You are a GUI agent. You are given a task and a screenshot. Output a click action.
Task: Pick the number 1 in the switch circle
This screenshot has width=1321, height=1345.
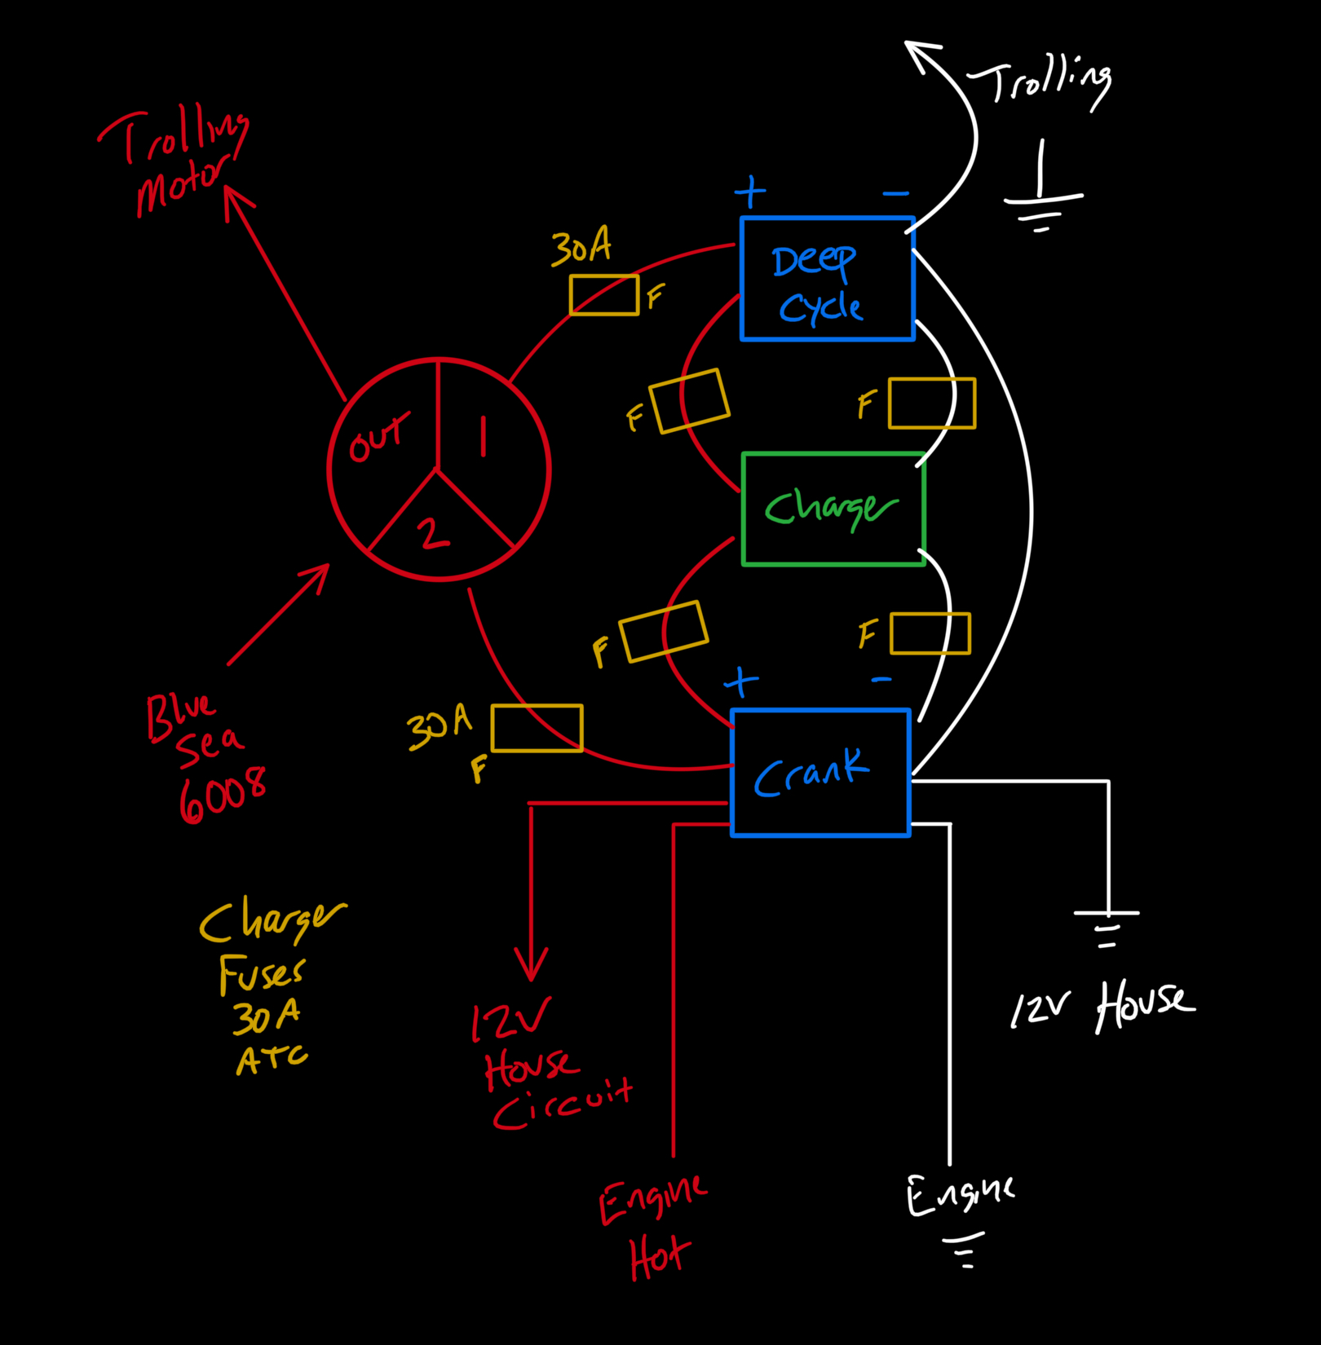point(484,437)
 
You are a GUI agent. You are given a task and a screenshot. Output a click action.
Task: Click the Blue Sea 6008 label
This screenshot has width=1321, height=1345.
point(205,757)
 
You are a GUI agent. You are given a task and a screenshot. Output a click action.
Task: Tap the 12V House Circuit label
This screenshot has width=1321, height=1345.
point(550,1065)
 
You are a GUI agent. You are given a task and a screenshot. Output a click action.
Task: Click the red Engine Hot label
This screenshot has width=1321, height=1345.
point(652,1228)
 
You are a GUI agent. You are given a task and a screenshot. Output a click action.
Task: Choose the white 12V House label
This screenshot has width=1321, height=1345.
point(1102,1008)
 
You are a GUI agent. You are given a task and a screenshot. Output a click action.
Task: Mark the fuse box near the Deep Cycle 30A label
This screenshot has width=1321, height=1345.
point(604,295)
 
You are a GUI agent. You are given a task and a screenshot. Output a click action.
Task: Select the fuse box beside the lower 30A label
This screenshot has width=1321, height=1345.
point(537,728)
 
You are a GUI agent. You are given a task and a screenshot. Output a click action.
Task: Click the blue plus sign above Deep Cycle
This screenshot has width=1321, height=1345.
point(750,193)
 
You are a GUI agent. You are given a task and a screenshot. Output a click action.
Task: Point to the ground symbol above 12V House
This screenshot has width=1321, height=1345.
point(1107,928)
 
